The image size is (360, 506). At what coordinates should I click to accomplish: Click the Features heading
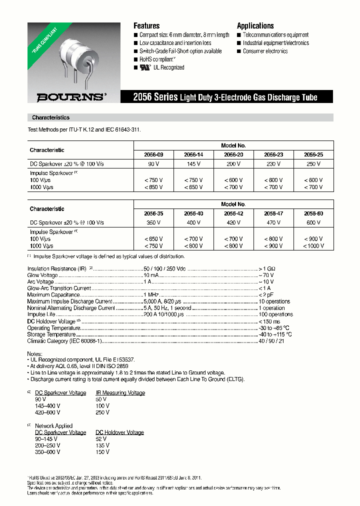tap(146, 26)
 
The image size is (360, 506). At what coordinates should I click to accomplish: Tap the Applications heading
tap(255, 26)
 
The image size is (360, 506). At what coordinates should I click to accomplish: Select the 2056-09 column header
tap(153, 154)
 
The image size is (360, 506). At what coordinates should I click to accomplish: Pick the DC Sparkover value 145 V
tap(193, 164)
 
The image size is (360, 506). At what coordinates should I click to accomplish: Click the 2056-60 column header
tap(313, 213)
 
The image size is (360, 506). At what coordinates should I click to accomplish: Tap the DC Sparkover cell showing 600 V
tap(313, 222)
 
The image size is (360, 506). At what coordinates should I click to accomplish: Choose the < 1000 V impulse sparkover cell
tap(313, 245)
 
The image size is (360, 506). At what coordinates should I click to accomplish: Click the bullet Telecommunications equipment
tap(275, 35)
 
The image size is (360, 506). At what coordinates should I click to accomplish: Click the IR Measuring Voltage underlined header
tap(120, 392)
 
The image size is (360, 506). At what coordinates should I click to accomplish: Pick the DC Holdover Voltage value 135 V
tap(102, 445)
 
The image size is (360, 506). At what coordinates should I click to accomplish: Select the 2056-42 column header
tap(233, 213)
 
